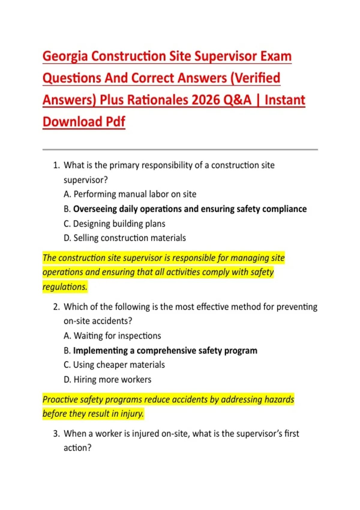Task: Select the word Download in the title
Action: tap(72, 122)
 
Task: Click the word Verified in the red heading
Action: tap(257, 78)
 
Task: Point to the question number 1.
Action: tap(56, 165)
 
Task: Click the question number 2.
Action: tap(56, 307)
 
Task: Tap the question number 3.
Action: tap(56, 434)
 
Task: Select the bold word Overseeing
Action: tap(95, 209)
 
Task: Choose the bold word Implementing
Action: tap(100, 351)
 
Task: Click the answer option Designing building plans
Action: tap(119, 224)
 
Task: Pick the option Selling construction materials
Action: tap(129, 238)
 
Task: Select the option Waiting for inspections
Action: tap(117, 336)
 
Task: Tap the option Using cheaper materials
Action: tap(119, 365)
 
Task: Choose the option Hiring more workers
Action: tap(112, 380)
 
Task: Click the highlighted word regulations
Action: tap(64, 287)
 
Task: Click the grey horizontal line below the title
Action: tap(180, 149)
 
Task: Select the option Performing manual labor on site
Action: tap(135, 194)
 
